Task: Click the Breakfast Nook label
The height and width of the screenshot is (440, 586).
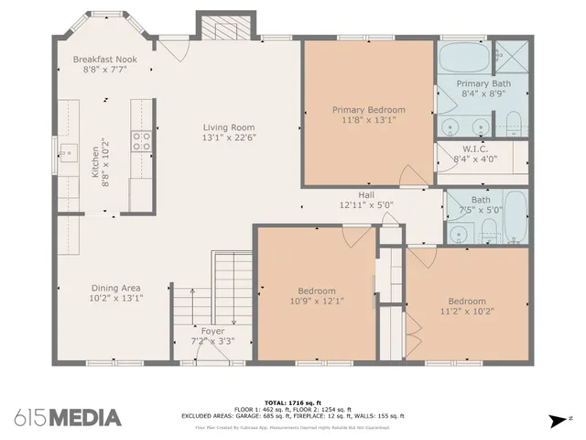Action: coord(104,59)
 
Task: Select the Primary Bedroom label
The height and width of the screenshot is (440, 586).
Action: coord(368,110)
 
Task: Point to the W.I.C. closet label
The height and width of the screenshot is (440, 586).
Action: coord(474,149)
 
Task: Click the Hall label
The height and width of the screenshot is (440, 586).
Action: coord(366,194)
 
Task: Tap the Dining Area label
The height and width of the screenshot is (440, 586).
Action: coord(116,287)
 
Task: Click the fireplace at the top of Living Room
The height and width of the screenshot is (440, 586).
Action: coord(218,30)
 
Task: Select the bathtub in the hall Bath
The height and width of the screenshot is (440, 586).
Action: coord(515,215)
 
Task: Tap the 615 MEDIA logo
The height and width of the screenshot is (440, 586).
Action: coord(67,417)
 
